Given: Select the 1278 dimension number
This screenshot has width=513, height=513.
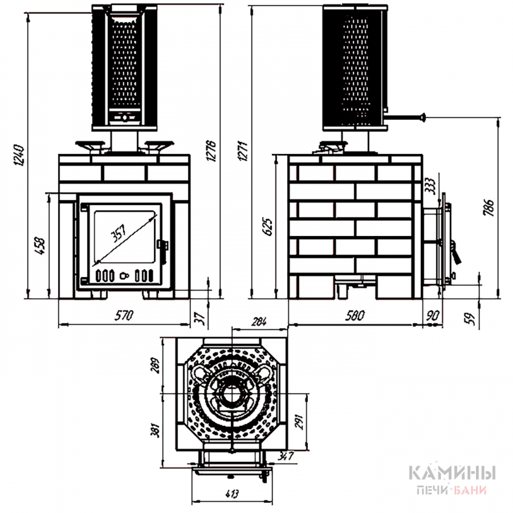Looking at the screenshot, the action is (211, 151).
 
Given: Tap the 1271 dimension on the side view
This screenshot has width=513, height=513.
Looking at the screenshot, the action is (244, 151).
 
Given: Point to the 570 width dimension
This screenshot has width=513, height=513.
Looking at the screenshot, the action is (124, 315).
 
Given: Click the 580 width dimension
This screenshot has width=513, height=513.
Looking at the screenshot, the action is (355, 315).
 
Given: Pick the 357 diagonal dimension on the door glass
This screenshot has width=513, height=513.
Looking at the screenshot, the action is (119, 233).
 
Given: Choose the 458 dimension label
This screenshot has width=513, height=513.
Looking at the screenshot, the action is (40, 246).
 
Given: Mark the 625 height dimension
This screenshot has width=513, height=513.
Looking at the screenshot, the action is (267, 226).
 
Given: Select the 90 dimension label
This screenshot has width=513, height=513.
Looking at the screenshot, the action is (433, 315).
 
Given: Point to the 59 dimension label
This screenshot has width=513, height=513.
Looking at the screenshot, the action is (469, 319).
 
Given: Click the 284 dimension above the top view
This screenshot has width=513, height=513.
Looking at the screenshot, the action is (259, 321).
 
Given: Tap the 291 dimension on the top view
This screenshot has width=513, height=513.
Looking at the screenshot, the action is (299, 422).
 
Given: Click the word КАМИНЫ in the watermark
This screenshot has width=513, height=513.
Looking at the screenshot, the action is (453, 473).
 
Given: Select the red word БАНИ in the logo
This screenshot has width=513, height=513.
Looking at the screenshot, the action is (470, 490).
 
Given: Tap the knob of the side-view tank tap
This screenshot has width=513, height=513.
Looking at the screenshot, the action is (424, 117).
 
